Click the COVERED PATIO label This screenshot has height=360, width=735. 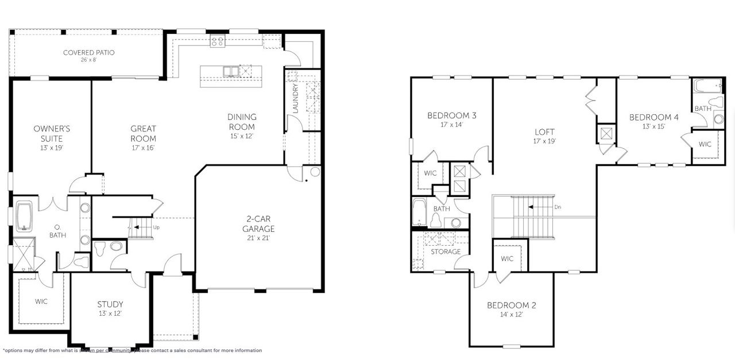[88, 52]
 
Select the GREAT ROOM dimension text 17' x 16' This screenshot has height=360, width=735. [143, 148]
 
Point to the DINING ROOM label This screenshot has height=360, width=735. [242, 122]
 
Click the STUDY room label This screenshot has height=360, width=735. [110, 304]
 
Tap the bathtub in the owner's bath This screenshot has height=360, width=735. [25, 215]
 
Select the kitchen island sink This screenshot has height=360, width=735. [231, 71]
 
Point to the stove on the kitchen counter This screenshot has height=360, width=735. [217, 41]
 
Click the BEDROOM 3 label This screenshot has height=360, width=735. [451, 115]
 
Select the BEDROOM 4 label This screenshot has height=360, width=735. [653, 117]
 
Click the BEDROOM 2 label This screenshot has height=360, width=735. [511, 305]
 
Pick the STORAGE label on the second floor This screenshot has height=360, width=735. [446, 251]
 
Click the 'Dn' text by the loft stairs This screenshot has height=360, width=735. [558, 207]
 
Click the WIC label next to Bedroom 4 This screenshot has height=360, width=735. [705, 144]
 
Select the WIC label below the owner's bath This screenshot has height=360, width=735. [41, 300]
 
